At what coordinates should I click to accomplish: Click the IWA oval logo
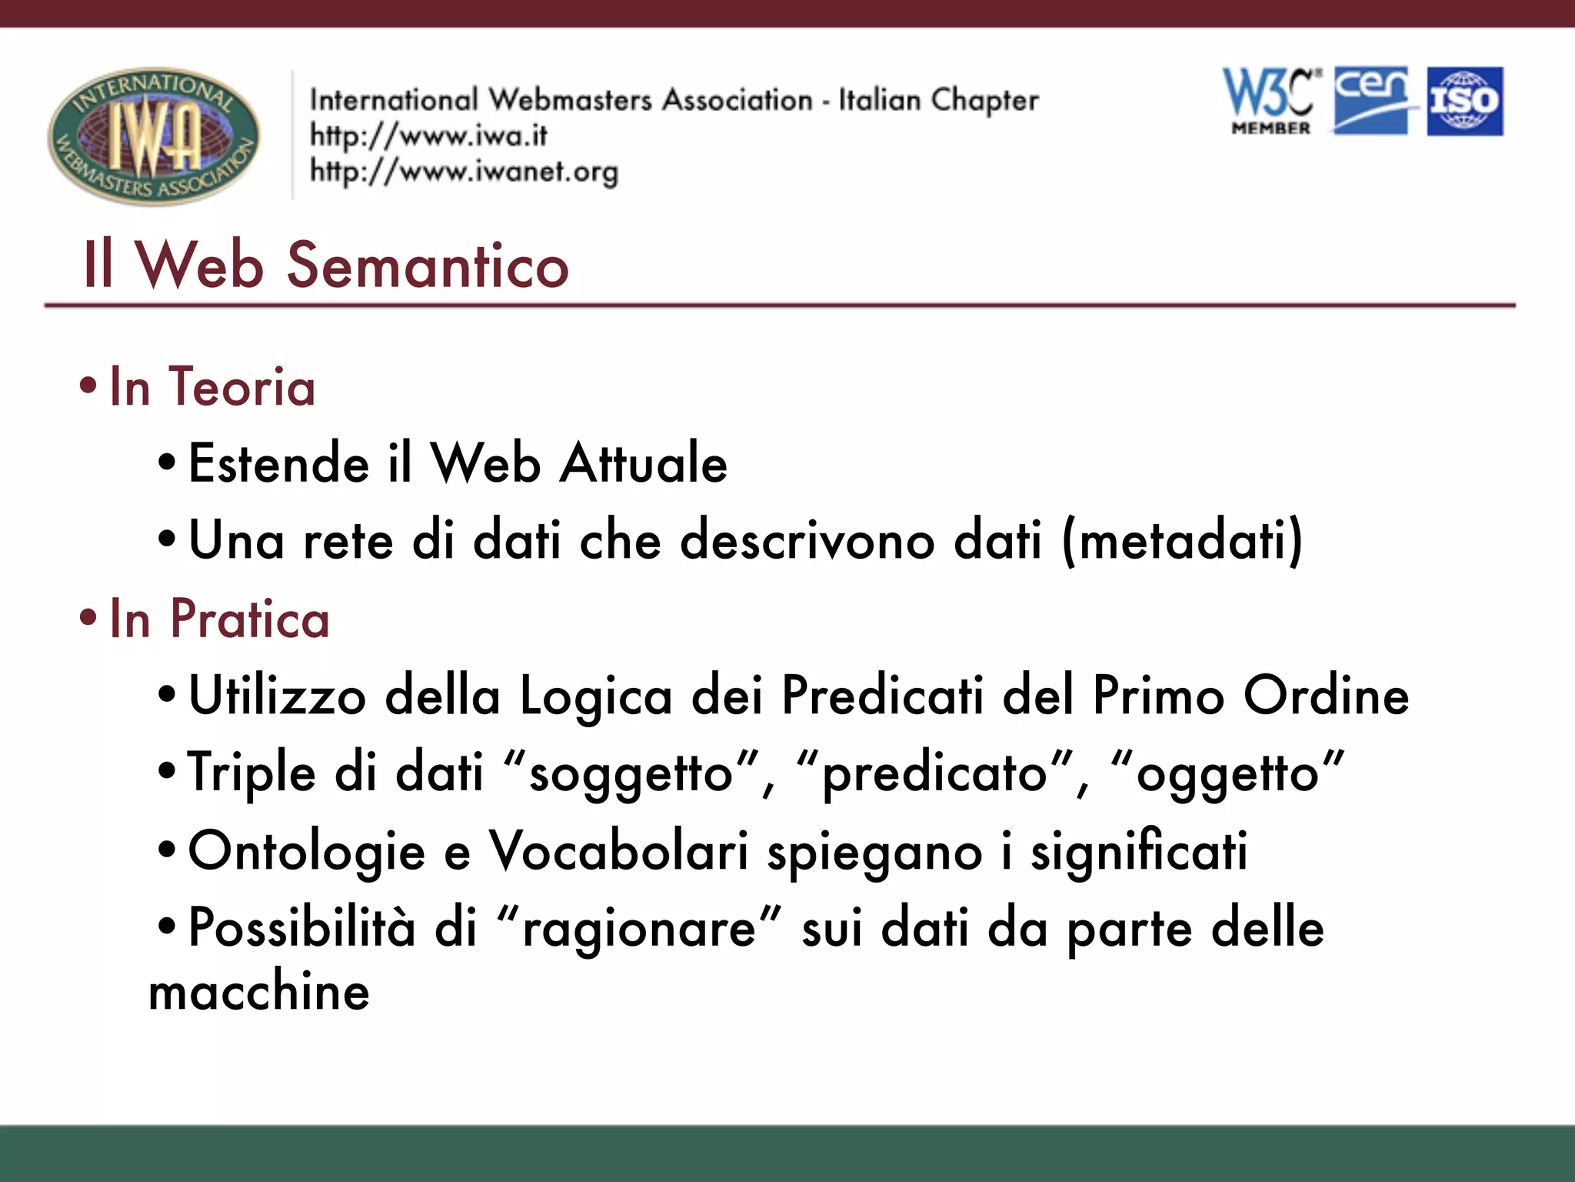click(154, 135)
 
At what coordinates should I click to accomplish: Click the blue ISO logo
click(1465, 102)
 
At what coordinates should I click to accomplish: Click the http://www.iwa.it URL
click(428, 136)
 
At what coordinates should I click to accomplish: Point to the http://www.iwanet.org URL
click(464, 172)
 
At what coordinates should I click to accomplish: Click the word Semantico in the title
click(428, 265)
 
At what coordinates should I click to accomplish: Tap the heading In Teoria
click(212, 387)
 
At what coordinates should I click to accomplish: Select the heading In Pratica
click(219, 619)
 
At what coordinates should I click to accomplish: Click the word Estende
click(278, 464)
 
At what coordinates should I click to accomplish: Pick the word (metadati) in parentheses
click(1182, 541)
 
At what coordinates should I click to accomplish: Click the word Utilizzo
click(277, 696)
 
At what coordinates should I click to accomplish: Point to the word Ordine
click(1326, 696)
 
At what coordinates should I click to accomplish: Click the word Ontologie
click(306, 852)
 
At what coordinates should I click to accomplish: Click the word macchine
click(259, 991)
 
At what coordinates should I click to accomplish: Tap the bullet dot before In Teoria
click(88, 386)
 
